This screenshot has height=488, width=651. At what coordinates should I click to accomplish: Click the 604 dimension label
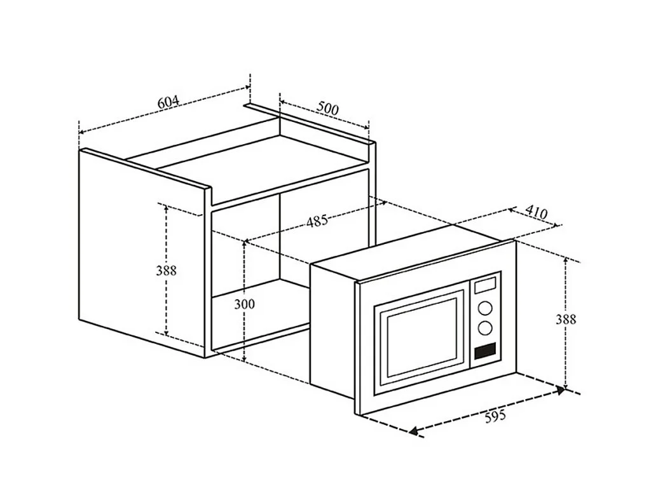168,101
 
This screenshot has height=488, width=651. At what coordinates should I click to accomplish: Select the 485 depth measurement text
317,221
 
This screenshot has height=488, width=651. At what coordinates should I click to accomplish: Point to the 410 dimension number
537,213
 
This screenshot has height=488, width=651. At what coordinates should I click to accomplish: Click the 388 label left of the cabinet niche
167,270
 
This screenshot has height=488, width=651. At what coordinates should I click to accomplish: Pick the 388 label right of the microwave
565,319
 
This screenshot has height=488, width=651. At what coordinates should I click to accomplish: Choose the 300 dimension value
244,304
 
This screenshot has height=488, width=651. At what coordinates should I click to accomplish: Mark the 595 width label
495,416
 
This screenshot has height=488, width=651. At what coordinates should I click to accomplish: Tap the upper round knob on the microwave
486,309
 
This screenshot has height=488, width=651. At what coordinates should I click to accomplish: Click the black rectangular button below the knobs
485,350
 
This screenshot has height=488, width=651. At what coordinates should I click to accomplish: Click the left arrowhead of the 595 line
414,431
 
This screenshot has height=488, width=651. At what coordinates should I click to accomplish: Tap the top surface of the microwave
413,251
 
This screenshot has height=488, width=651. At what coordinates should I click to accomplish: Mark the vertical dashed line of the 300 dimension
244,337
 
